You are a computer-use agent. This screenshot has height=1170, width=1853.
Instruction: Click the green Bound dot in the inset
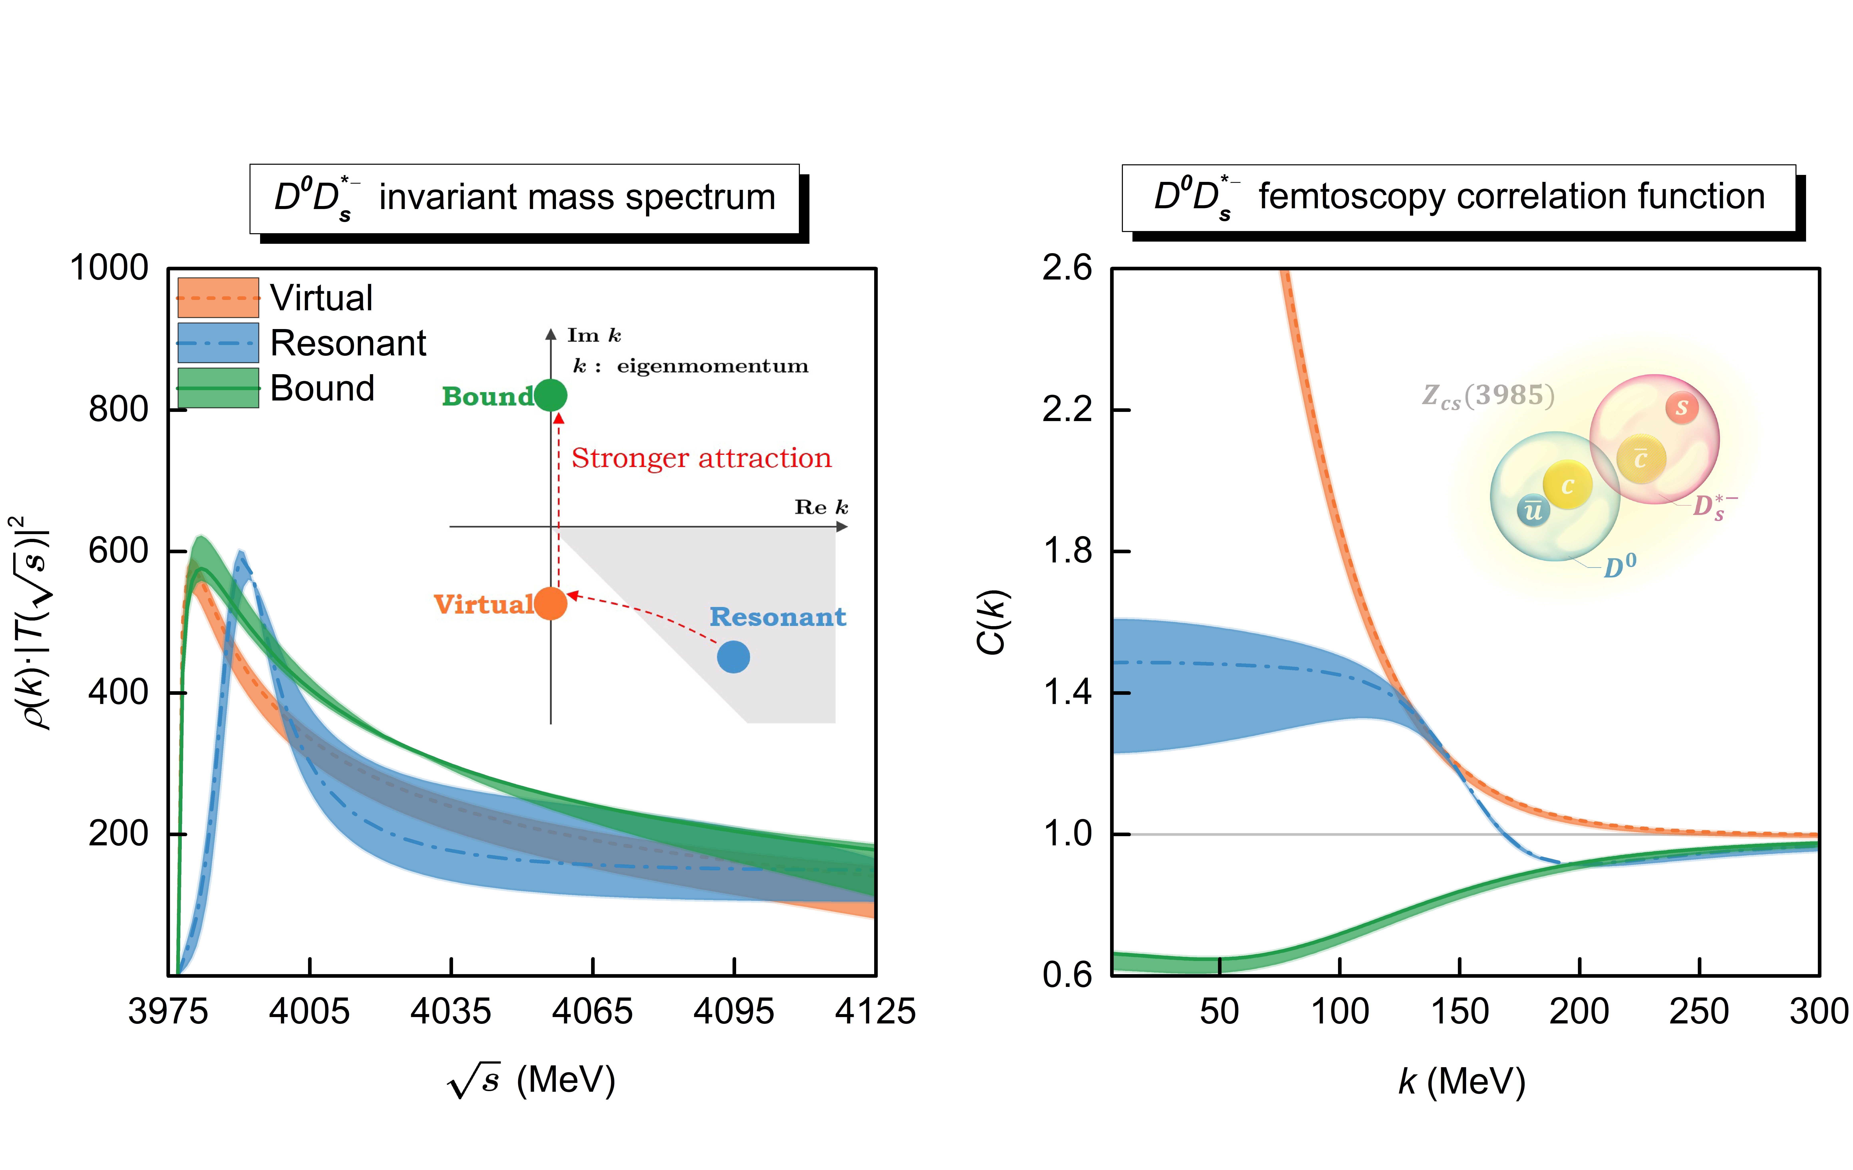coord(550,395)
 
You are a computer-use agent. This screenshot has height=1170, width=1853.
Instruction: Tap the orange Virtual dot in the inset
coord(550,603)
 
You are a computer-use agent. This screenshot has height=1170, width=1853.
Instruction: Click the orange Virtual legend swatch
coord(218,298)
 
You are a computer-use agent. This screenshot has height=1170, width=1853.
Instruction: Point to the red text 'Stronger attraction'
coord(701,458)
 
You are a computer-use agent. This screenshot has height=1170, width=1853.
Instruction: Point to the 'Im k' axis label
coord(593,335)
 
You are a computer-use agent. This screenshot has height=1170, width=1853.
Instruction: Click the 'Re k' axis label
coord(821,507)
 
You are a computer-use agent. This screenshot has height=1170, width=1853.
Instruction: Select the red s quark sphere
coord(1681,407)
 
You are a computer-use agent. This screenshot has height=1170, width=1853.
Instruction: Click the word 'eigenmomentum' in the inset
coord(713,366)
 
